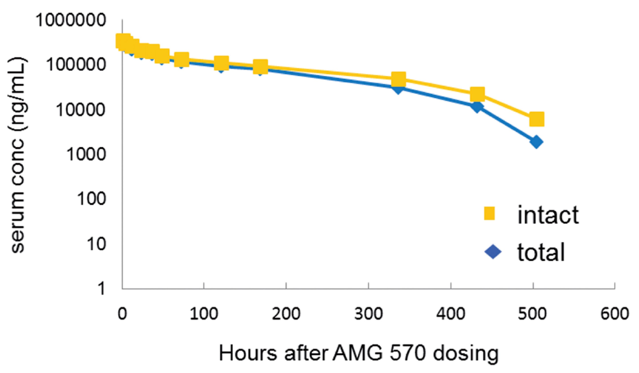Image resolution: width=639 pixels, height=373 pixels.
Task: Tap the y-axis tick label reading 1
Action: click(102, 289)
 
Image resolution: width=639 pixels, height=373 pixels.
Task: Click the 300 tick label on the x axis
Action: click(368, 314)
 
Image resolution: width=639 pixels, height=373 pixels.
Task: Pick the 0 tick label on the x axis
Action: click(122, 314)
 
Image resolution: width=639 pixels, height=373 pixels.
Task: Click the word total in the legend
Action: click(541, 252)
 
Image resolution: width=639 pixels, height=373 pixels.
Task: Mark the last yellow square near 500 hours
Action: click(537, 119)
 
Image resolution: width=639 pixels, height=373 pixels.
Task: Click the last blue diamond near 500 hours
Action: click(536, 142)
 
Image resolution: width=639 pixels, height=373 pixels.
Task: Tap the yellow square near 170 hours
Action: click(260, 67)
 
